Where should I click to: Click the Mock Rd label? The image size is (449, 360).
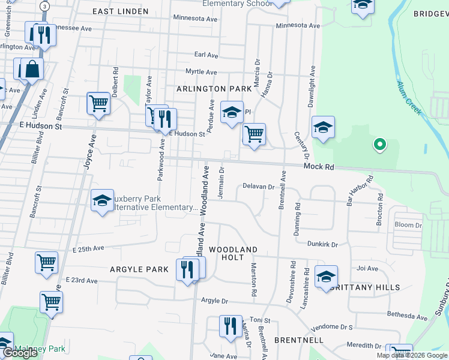318,167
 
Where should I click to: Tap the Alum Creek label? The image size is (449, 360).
409,99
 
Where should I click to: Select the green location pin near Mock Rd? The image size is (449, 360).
379,145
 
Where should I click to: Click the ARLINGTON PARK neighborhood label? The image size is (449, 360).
214,89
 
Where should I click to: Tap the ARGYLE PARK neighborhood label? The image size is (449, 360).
139,269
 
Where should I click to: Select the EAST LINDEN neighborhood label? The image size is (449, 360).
121,11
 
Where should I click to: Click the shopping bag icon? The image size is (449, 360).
33,69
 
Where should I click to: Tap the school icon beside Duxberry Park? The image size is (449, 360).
103,200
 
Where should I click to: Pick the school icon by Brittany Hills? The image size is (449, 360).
326,276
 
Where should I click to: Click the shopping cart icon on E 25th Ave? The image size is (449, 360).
46,262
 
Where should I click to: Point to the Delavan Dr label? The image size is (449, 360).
258,187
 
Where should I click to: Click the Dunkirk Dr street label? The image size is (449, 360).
322,245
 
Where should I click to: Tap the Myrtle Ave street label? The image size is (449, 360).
201,72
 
